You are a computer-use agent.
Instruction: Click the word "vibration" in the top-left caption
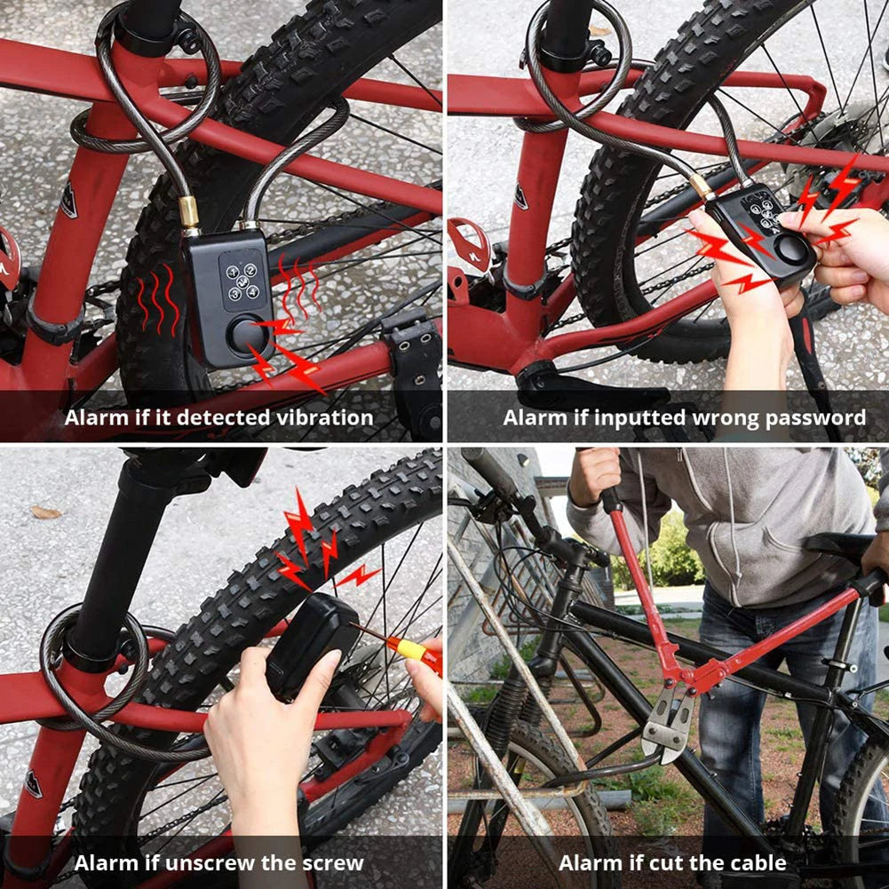click(x=320, y=417)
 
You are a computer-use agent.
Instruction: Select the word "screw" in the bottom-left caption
click(x=331, y=862)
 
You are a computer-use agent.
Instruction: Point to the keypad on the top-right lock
click(x=761, y=212)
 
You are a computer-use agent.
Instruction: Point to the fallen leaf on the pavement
click(x=44, y=512)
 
